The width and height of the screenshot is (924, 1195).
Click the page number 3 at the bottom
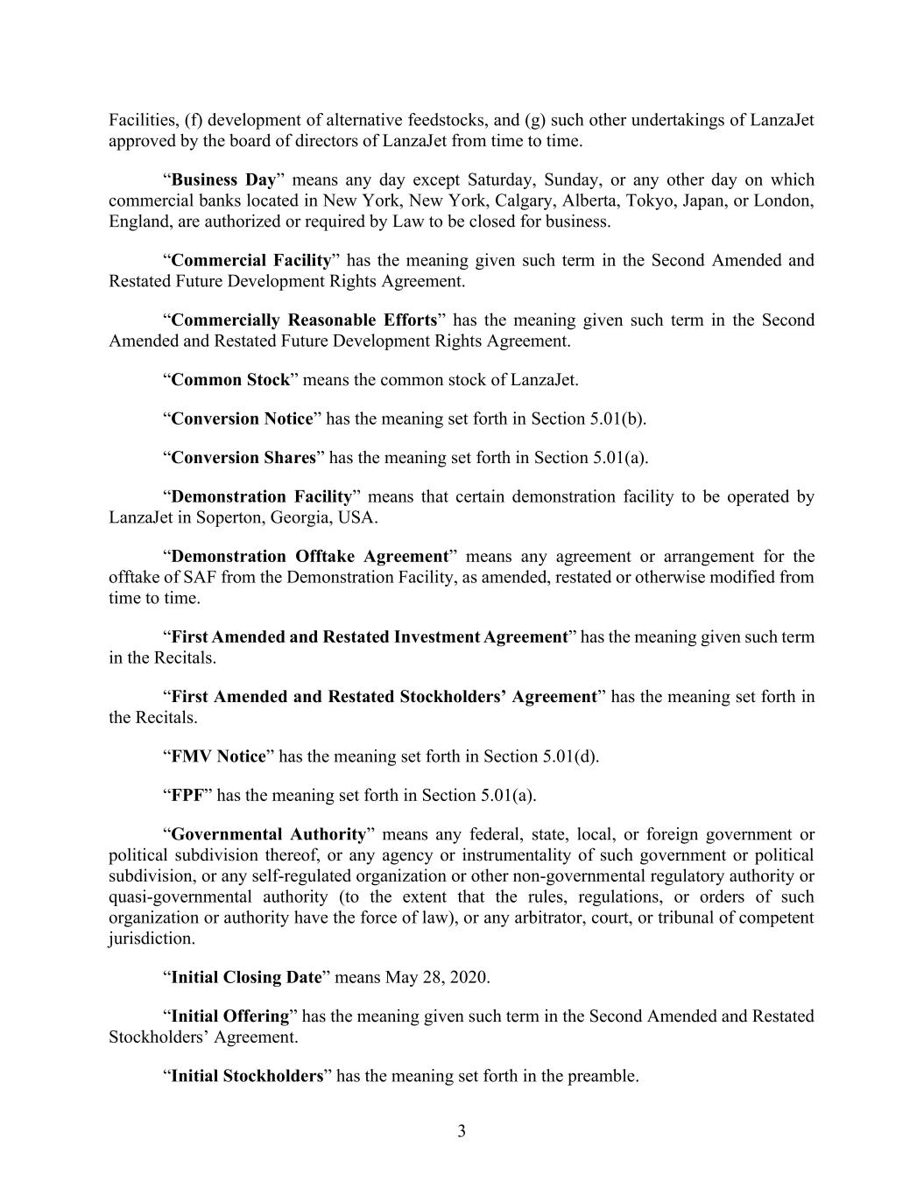[462, 1131]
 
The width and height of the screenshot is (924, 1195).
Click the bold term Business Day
[223, 179]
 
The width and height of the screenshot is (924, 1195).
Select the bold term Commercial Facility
[251, 260]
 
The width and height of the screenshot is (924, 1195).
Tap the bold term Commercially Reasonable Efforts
[304, 320]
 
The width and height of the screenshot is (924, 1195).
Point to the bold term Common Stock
[229, 380]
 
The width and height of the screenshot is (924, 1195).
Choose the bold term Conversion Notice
[242, 418]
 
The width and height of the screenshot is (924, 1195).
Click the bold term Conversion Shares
[243, 457]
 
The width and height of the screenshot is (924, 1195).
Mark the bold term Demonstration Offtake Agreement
[309, 556]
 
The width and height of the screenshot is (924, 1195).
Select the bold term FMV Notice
[218, 756]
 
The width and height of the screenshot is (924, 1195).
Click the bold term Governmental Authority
[268, 834]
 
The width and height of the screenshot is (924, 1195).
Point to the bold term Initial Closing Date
[247, 977]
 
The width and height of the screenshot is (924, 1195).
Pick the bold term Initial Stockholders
[247, 1075]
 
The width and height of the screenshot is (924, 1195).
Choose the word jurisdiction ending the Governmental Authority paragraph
[150, 938]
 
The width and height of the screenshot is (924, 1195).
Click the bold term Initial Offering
[229, 1016]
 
